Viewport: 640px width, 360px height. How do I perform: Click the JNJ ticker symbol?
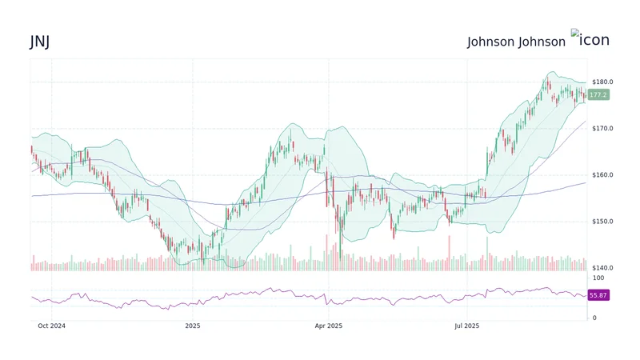40,42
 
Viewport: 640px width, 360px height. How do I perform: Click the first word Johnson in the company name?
491,42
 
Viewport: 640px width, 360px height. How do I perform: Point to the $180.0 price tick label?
602,82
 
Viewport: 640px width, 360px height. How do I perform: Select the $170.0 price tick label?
602,128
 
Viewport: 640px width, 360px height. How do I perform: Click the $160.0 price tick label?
602,174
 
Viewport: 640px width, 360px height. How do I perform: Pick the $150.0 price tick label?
602,221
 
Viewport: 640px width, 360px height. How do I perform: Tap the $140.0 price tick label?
602,267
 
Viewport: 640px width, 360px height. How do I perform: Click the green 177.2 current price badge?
598,94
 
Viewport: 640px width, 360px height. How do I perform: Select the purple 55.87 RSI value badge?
598,295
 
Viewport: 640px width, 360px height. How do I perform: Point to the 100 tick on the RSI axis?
597,277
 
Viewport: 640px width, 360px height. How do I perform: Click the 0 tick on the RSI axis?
593,318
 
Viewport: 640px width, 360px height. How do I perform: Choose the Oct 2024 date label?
54,326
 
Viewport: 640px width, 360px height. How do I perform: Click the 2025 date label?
192,326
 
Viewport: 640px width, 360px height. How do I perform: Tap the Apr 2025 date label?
328,326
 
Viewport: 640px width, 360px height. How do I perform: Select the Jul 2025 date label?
466,326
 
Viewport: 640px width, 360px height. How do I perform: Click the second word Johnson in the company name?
542,42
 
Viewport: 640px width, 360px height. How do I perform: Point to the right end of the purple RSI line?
585,296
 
